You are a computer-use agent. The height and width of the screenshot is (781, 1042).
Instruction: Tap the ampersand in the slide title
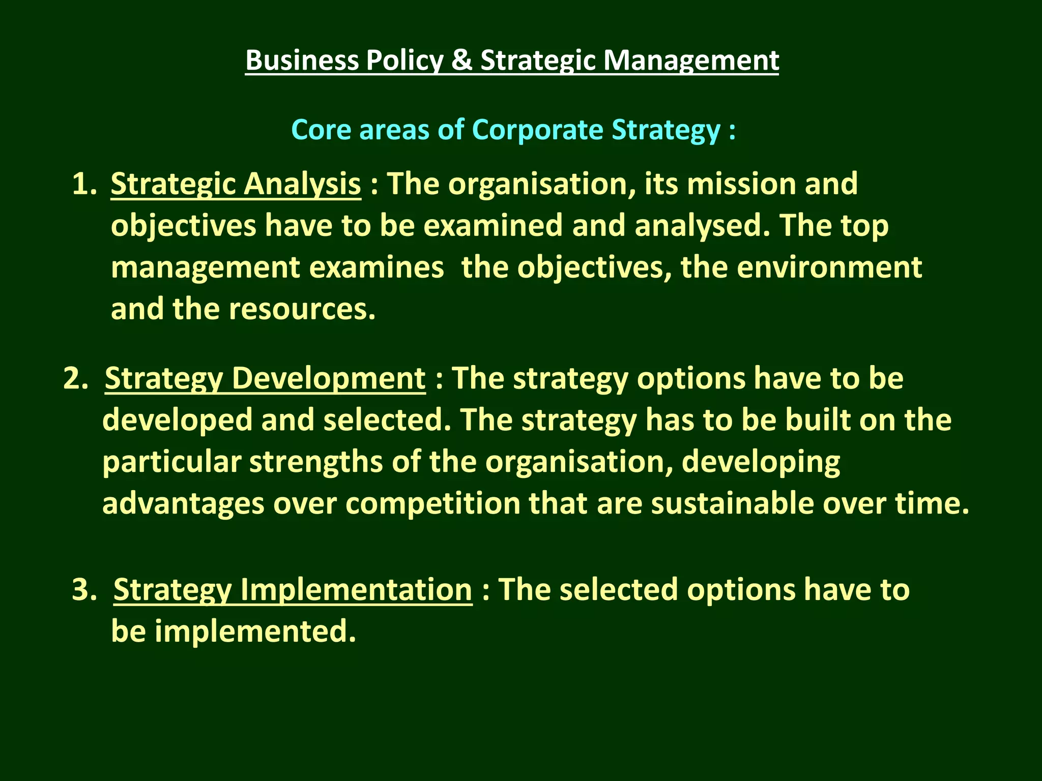(461, 60)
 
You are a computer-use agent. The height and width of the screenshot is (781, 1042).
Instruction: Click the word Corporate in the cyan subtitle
(537, 130)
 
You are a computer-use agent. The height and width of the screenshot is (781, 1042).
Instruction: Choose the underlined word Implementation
(356, 590)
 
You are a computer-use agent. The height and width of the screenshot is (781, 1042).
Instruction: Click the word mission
(741, 184)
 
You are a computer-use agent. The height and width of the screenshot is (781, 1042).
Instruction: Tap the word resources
(302, 309)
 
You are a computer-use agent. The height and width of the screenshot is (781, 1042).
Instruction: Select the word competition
(432, 504)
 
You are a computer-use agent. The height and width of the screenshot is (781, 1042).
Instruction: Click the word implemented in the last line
(255, 632)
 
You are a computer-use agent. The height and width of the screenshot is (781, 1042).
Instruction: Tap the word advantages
(183, 504)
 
